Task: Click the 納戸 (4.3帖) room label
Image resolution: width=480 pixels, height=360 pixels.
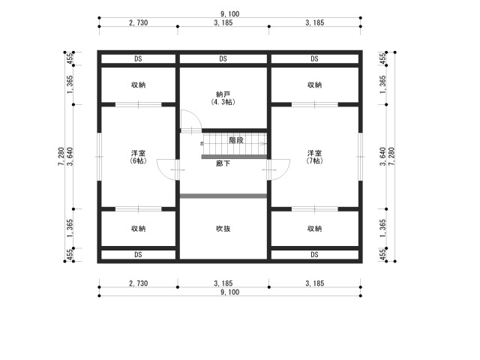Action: (223, 98)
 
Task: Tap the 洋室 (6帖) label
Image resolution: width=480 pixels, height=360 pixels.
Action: (138, 157)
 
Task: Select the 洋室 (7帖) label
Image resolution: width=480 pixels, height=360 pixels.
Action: (315, 157)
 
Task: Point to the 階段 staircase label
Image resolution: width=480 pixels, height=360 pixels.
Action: (236, 140)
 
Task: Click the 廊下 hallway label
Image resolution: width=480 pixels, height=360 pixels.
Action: (223, 163)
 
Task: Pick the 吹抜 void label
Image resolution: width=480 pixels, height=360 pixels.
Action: (223, 228)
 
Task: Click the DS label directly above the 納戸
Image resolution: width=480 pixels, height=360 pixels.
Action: (223, 58)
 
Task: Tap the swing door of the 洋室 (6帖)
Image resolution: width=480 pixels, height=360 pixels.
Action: (168, 170)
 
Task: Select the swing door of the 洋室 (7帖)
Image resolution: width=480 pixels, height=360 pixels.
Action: (278, 170)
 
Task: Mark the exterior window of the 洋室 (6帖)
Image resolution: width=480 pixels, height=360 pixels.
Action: (99, 157)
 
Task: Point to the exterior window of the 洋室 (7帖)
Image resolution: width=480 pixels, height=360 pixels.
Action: (361, 157)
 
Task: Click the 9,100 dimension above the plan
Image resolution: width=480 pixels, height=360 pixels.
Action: (230, 13)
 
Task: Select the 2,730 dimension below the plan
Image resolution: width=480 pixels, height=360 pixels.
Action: (138, 283)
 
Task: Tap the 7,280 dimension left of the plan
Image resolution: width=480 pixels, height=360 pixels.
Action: (61, 157)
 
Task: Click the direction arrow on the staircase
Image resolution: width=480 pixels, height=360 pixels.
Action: (262, 143)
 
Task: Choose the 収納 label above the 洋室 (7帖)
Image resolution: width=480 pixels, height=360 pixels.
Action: (315, 85)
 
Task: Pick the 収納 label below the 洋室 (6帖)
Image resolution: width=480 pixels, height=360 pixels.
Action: (138, 228)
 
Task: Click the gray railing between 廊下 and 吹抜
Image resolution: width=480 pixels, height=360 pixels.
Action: (223, 196)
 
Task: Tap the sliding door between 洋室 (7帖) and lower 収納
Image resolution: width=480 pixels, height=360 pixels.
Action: (315, 209)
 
